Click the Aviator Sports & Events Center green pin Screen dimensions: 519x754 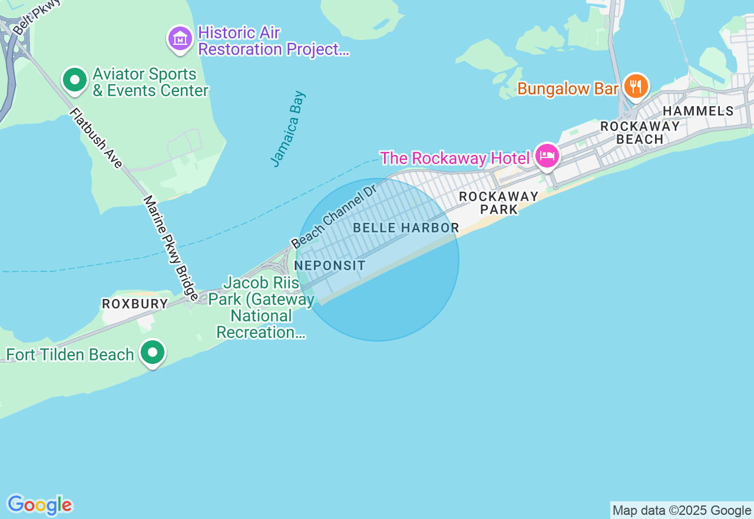[74, 80]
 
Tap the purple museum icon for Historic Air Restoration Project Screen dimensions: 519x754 [180, 39]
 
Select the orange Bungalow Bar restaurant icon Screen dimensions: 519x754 [636, 86]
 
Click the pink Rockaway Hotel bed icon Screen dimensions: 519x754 [547, 156]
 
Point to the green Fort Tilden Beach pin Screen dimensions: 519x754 [153, 353]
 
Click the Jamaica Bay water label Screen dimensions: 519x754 [289, 129]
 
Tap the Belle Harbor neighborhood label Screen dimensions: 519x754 [406, 228]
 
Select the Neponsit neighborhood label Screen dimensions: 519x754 [330, 265]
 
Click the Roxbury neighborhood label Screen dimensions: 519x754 [135, 304]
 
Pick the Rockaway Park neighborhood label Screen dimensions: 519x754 [499, 203]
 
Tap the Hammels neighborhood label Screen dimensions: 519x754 [698, 111]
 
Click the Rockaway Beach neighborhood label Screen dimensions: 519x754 [640, 133]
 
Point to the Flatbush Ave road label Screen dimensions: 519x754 [96, 137]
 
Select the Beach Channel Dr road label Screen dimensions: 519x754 [333, 216]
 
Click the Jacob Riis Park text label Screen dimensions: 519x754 [262, 307]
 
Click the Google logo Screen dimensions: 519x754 [39, 505]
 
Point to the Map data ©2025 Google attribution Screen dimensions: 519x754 [682, 510]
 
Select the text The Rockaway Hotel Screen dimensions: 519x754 [454, 158]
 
